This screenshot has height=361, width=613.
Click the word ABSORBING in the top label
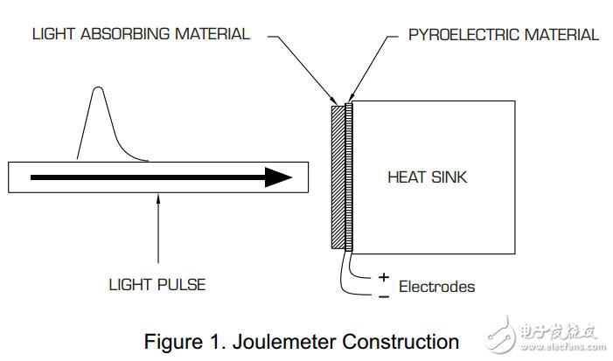click(126, 34)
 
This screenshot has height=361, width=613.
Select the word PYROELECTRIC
click(464, 35)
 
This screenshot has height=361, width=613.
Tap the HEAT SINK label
click(428, 177)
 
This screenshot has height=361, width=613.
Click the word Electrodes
click(436, 287)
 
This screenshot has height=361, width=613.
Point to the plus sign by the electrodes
click(384, 277)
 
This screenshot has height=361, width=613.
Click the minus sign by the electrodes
click(384, 297)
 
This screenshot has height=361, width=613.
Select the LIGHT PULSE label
click(157, 285)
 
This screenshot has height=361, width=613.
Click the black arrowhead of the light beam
click(278, 177)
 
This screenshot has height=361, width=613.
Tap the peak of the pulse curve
click(98, 87)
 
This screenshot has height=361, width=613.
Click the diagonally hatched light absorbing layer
click(338, 177)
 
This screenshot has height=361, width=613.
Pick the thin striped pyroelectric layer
click(349, 177)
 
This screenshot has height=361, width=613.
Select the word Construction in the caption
click(401, 342)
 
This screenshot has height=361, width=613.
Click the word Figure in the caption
click(173, 343)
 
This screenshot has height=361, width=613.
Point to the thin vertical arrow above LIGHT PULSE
click(158, 228)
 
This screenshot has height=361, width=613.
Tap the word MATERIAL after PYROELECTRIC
click(561, 35)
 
